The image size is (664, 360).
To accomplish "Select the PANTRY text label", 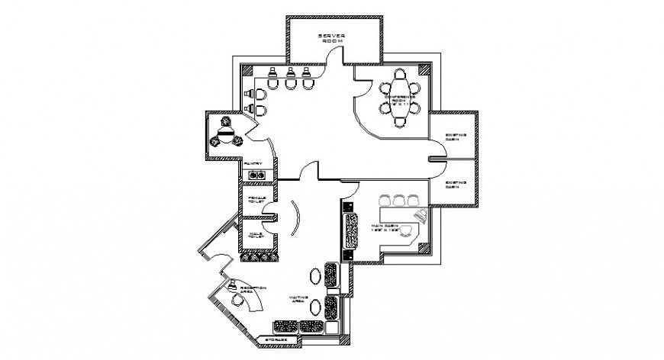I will (253, 163).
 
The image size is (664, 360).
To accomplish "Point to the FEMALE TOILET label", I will (256, 199).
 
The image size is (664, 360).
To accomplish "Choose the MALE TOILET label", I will (255, 234).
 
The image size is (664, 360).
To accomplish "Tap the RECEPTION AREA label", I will (253, 289).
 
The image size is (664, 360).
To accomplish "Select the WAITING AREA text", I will (297, 300).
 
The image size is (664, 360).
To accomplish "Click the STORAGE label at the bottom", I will (276, 339).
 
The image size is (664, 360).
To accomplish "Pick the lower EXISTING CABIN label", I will (456, 185).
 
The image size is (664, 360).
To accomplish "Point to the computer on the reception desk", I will (231, 285).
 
